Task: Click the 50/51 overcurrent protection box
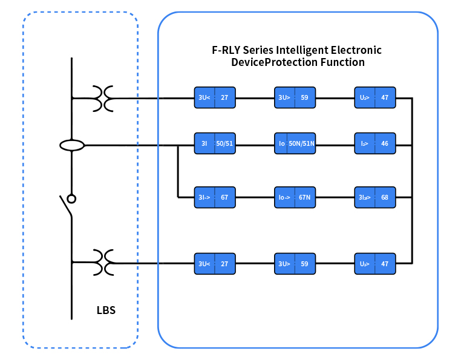click(215, 144)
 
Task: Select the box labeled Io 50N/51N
click(295, 144)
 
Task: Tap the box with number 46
click(375, 144)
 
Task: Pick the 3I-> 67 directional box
click(215, 197)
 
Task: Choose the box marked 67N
click(295, 197)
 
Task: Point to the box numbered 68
click(375, 197)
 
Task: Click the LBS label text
click(106, 310)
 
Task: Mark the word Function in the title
click(343, 62)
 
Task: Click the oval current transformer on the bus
click(72, 145)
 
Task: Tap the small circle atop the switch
click(71, 198)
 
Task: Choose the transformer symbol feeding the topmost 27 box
click(103, 98)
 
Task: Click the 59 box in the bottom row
click(295, 264)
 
